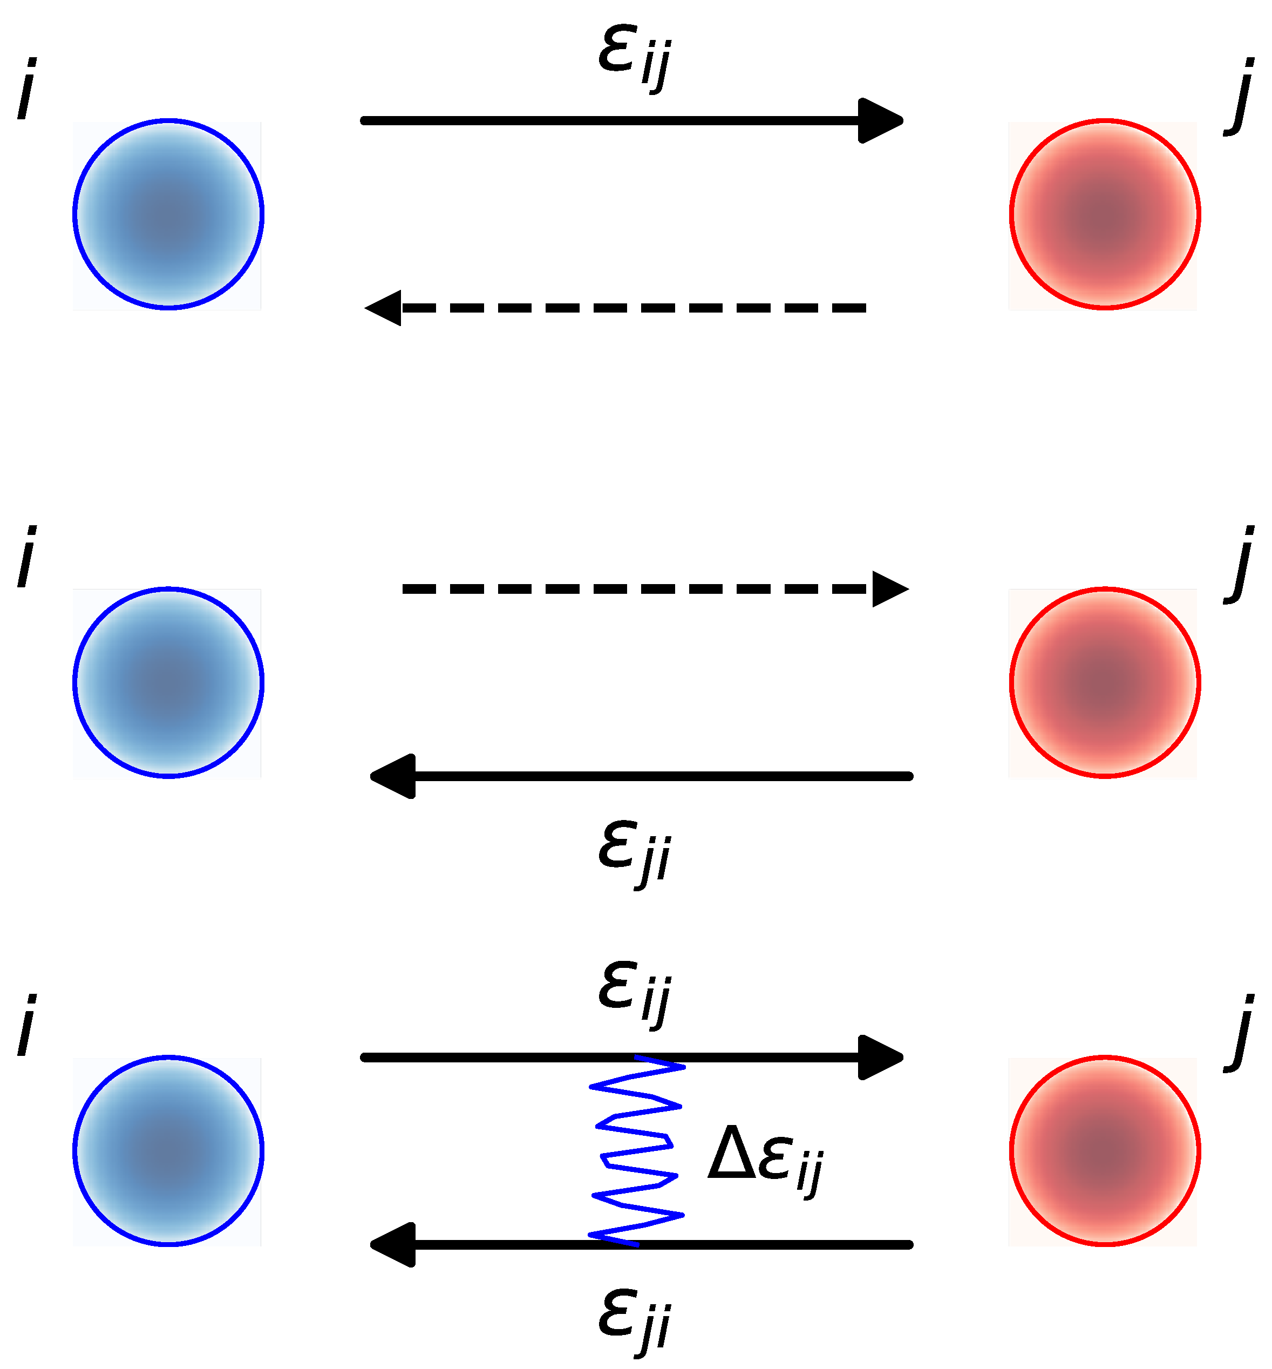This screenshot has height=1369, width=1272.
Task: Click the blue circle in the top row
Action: [168, 215]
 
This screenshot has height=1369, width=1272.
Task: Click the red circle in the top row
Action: [1105, 215]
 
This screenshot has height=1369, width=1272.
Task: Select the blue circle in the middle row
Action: [168, 683]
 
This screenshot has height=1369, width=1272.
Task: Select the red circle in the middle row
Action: [1105, 683]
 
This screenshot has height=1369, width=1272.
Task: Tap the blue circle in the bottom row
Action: [168, 1151]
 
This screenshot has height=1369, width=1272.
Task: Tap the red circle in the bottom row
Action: [1105, 1151]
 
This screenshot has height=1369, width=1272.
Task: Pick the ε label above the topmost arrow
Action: [633, 58]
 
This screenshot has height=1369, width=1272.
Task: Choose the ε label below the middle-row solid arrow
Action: [633, 852]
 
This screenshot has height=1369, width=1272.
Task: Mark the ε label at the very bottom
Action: [633, 1321]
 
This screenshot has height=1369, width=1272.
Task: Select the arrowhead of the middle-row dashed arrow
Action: [889, 589]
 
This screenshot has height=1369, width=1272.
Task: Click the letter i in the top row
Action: [26, 90]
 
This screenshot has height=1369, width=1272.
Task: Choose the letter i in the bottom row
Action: [26, 1026]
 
